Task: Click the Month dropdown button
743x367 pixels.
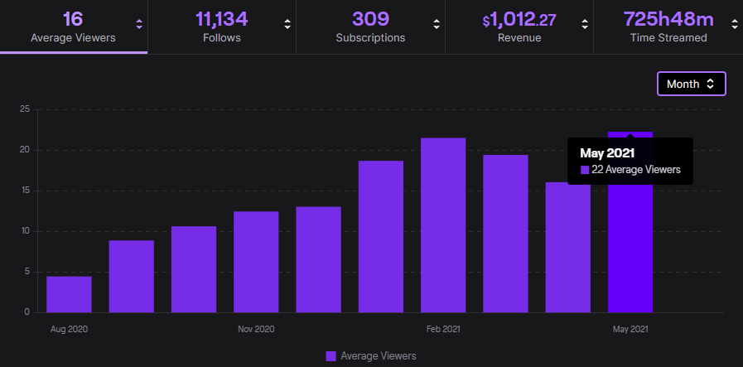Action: point(691,84)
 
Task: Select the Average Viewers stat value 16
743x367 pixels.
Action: point(73,18)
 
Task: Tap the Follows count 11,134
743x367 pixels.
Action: point(221,18)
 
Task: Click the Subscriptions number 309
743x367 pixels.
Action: point(370,18)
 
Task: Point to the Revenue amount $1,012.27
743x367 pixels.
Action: point(519,18)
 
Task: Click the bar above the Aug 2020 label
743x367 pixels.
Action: point(69,294)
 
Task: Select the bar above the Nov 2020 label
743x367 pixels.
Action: point(256,262)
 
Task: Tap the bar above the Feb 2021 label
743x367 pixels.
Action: point(443,225)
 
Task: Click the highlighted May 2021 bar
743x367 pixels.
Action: point(630,249)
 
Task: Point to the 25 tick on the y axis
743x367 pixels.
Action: point(25,109)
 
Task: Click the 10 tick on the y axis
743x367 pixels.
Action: point(25,231)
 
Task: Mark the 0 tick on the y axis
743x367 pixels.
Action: point(27,312)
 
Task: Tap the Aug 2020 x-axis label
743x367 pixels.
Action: point(69,329)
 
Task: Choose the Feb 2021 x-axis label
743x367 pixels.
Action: point(443,329)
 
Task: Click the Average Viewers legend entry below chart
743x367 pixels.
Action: point(371,355)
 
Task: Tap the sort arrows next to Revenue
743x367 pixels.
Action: point(586,24)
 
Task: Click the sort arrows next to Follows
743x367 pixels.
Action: point(287,24)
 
